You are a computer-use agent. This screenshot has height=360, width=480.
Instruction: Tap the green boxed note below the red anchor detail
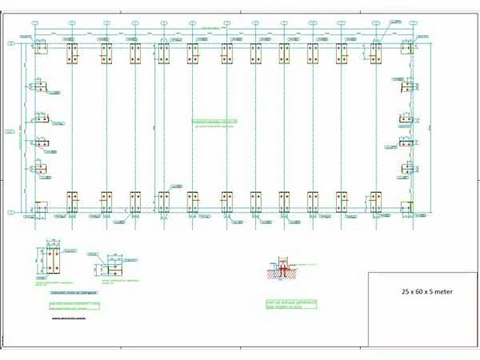[291, 304]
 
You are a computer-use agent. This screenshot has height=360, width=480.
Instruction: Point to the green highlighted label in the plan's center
[216, 121]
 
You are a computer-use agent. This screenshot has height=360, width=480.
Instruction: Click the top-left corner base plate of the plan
[40, 49]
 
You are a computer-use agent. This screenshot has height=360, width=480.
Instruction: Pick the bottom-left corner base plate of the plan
[40, 206]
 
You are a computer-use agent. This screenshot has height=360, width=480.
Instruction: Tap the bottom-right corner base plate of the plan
[406, 206]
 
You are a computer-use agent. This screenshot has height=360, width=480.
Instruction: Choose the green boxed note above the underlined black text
[73, 305]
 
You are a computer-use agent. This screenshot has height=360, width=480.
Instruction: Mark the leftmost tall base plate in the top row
[73, 53]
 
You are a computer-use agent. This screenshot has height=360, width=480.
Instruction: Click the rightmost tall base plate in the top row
[375, 53]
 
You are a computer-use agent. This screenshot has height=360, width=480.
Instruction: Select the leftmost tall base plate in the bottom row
[73, 201]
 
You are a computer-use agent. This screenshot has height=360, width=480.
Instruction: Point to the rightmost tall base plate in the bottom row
[375, 201]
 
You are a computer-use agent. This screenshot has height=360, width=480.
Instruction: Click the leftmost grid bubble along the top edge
[34, 23]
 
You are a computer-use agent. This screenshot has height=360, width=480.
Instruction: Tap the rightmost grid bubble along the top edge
[411, 23]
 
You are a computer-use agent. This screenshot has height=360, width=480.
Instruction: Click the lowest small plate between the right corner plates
[406, 167]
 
